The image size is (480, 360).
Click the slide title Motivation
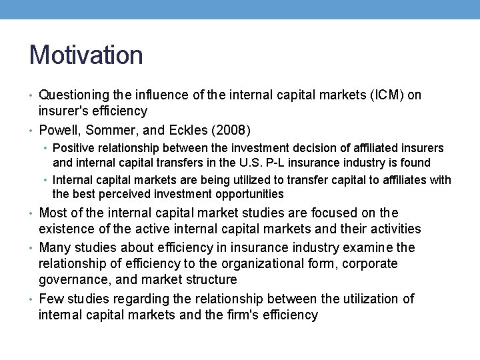pyautogui.click(x=86, y=55)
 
